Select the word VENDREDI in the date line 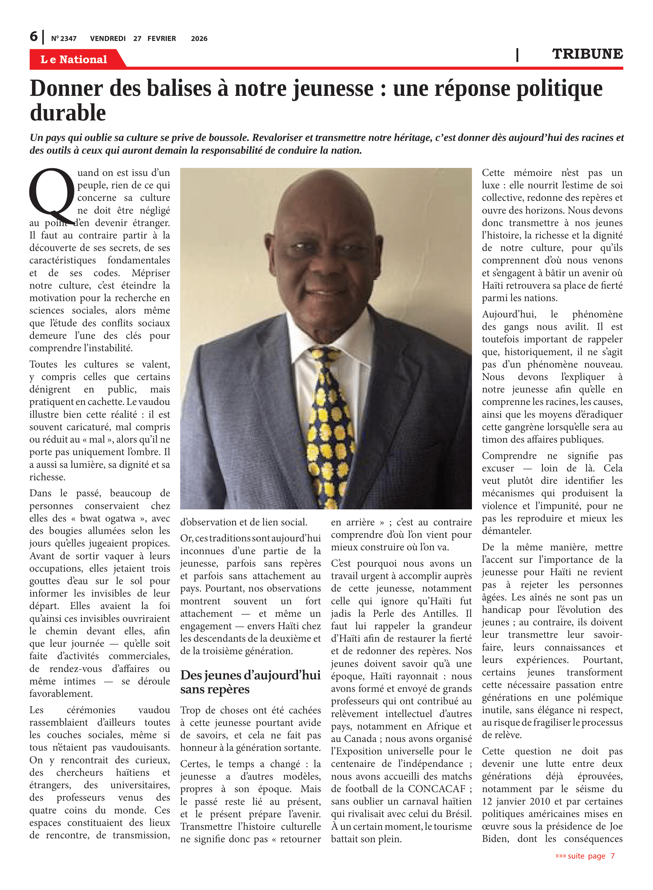(107, 39)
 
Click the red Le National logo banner (74, 59)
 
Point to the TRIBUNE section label (587, 54)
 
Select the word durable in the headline (68, 113)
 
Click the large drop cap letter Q (51, 193)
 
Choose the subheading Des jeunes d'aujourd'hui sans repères (250, 682)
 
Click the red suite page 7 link (585, 856)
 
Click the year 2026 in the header (199, 39)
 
